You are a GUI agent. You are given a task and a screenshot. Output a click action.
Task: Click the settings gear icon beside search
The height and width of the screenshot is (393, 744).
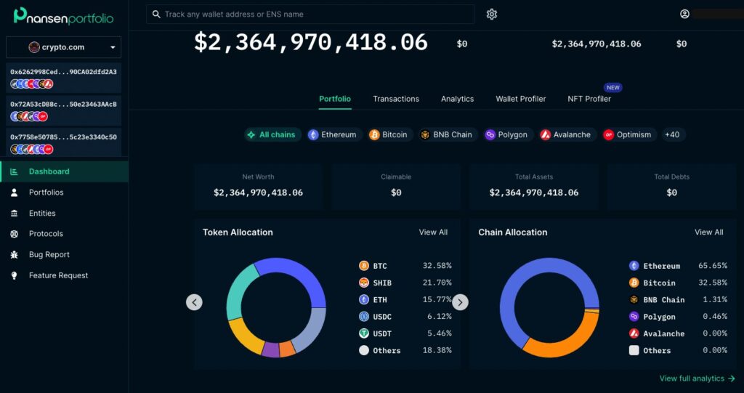point(492,15)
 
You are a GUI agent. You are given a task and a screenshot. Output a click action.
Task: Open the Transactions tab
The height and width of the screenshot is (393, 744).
point(396,99)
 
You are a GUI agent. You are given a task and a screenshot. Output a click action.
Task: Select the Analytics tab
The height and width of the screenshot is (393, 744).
point(457,99)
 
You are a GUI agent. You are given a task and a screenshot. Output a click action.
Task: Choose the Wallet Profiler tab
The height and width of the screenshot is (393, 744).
point(520,99)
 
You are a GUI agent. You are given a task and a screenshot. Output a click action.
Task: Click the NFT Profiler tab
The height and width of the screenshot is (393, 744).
point(589,99)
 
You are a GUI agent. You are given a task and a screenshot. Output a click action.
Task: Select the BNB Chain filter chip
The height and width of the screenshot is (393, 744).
point(446,134)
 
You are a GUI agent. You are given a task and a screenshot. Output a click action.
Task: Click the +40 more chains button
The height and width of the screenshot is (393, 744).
point(673,134)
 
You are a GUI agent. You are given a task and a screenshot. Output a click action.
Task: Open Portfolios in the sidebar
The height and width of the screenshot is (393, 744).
point(46,193)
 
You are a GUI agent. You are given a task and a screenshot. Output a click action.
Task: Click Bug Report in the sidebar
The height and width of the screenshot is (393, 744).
point(49,254)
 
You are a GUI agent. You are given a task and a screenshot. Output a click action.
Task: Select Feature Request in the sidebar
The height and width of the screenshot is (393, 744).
point(58,275)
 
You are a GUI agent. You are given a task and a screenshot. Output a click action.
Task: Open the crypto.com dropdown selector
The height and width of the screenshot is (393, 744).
point(64,47)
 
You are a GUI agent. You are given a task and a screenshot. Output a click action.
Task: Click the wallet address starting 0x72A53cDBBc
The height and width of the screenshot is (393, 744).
point(63,104)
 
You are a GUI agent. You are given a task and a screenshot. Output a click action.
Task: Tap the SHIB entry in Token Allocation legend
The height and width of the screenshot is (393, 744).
point(381,283)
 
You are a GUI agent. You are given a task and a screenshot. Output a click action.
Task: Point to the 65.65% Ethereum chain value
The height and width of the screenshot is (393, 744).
point(712,266)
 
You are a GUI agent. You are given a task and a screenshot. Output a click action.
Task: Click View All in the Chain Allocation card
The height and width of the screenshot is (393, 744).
point(708,232)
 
